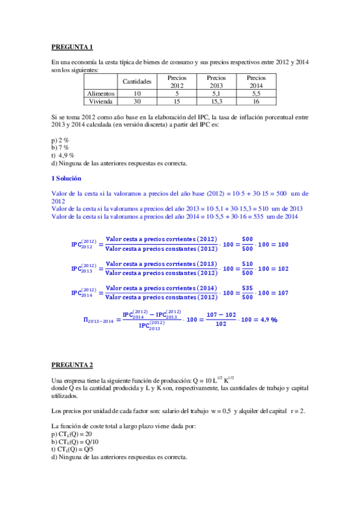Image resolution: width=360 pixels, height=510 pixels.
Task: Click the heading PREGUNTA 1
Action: tap(72, 46)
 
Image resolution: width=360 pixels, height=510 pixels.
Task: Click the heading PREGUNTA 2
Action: tap(72, 364)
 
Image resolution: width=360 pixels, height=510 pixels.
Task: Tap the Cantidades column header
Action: tap(138, 81)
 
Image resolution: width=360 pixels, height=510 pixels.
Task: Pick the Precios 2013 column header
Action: tap(216, 81)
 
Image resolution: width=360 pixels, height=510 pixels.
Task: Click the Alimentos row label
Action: tap(102, 93)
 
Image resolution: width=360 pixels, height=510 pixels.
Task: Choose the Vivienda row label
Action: tap(102, 102)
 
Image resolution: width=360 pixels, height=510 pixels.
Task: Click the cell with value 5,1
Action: tap(216, 93)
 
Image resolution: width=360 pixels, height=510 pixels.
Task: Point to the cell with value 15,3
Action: tap(216, 102)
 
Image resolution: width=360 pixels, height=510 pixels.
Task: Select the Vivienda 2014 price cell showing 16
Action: tap(256, 102)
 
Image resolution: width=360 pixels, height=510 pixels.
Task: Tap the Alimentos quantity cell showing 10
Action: tap(138, 93)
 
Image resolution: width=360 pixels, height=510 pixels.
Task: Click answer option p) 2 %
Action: tap(60, 140)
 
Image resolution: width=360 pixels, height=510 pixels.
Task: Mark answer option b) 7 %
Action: tap(60, 147)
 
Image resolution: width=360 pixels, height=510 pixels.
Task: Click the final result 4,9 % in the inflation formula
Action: tap(265, 320)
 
